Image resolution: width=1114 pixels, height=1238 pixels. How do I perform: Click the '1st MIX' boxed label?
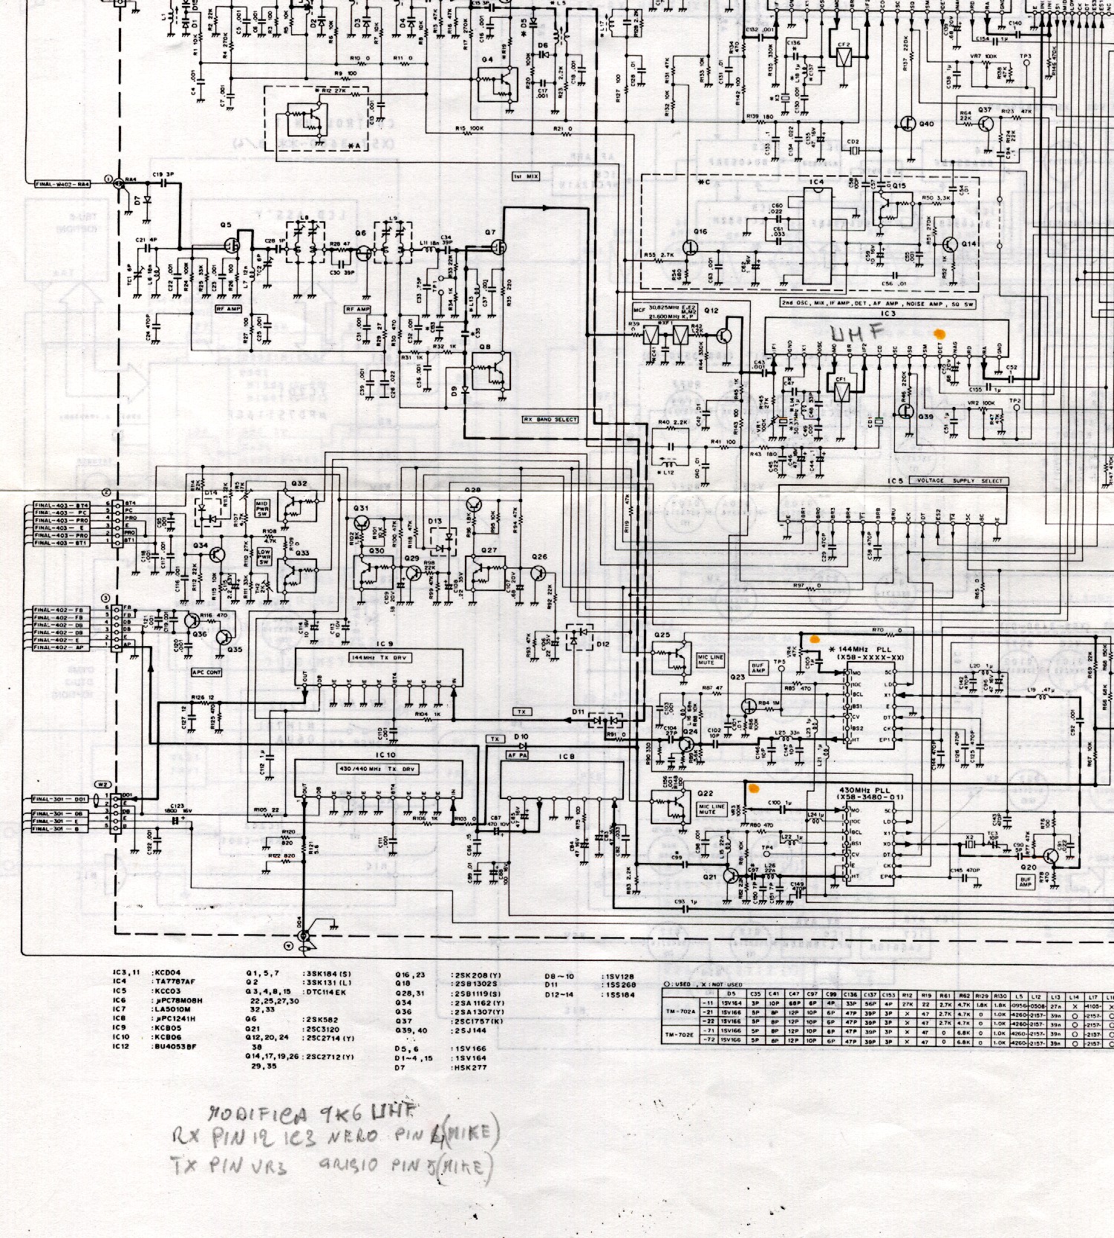pyautogui.click(x=526, y=176)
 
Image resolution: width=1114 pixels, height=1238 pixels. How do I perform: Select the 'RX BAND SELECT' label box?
pyautogui.click(x=550, y=420)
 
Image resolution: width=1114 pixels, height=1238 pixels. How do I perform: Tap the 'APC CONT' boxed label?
pyautogui.click(x=206, y=672)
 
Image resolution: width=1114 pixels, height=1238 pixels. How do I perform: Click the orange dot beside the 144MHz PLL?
pyautogui.click(x=815, y=638)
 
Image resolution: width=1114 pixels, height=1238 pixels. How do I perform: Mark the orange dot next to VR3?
pyautogui.click(x=755, y=787)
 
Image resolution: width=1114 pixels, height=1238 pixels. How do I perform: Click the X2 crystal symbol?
pyautogui.click(x=969, y=845)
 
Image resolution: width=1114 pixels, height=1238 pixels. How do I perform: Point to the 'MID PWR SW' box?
pyautogui.click(x=262, y=509)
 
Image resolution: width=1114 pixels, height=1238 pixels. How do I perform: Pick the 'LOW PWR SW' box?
pyautogui.click(x=264, y=557)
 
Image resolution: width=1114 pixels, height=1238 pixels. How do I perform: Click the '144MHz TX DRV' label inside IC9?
pyautogui.click(x=379, y=658)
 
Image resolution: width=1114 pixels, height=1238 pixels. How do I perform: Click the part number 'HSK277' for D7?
pyautogui.click(x=469, y=1068)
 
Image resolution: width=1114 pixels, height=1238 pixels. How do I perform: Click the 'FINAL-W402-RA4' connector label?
pyautogui.click(x=62, y=183)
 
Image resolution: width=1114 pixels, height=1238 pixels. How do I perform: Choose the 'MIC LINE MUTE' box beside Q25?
pyautogui.click(x=711, y=659)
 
